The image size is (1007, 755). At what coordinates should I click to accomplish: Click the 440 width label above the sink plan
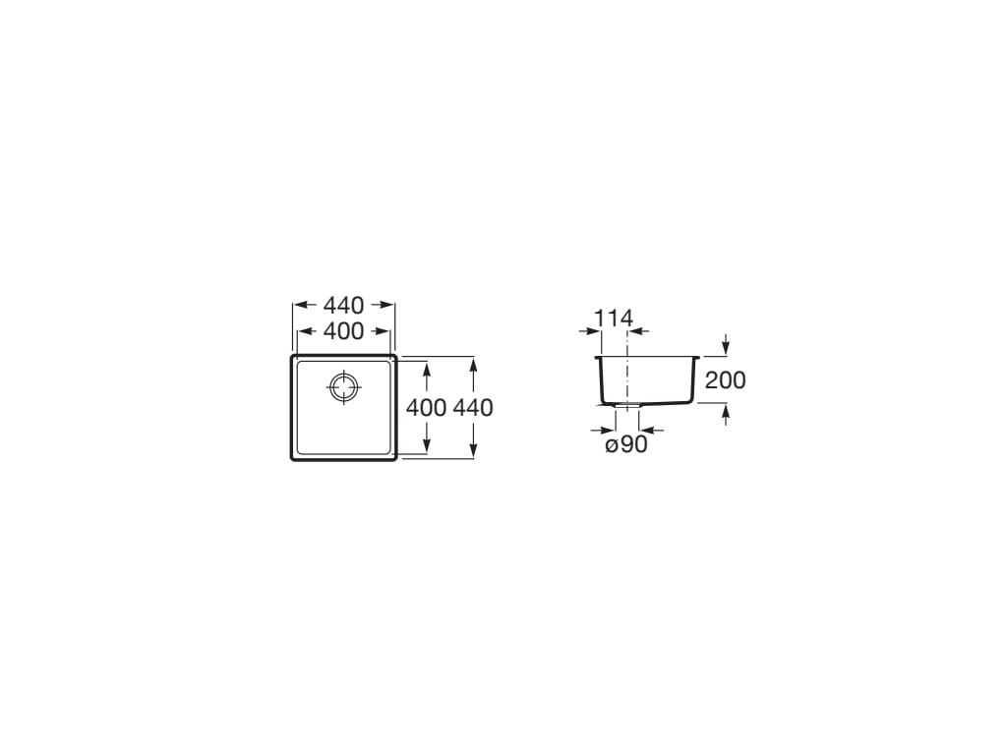[343, 305]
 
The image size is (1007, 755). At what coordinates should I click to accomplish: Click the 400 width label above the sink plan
[343, 331]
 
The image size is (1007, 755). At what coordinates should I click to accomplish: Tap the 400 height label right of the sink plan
[427, 408]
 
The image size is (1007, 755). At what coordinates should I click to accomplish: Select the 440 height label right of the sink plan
[473, 408]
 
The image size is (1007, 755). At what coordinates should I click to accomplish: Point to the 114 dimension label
[614, 318]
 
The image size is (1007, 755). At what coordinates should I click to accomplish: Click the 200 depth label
[726, 380]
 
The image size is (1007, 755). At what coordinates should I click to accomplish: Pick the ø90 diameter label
[626, 444]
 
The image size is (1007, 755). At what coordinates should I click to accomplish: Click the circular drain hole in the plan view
[344, 387]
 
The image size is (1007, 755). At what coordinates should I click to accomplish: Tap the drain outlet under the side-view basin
[626, 406]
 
